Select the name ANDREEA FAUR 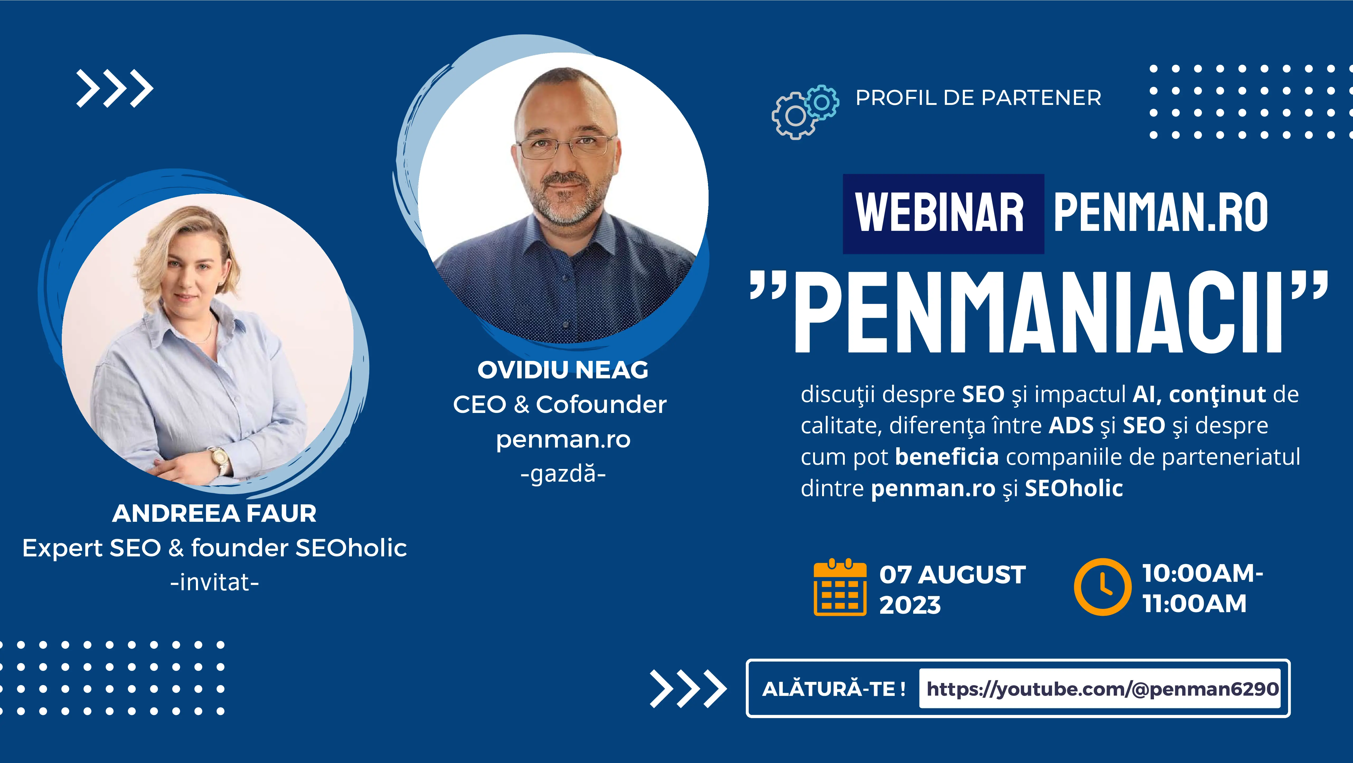point(214,513)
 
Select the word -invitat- point(214,582)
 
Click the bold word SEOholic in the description point(1074,488)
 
